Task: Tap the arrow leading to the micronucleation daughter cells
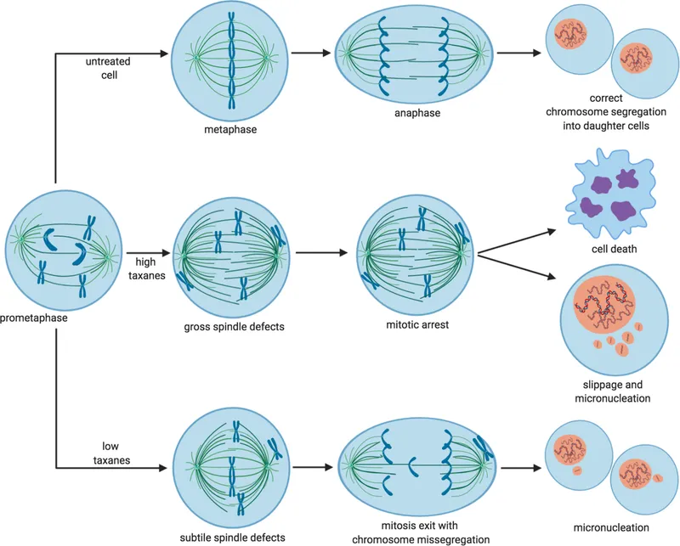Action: pyautogui.click(x=518, y=466)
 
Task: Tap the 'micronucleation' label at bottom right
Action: pyautogui.click(x=610, y=525)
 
